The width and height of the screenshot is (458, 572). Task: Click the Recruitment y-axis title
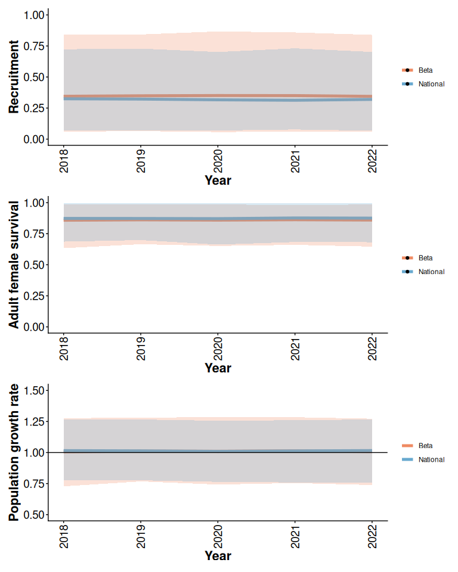coord(14,77)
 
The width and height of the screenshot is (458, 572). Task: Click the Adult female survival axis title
coord(14,264)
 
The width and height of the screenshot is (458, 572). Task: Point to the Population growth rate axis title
coord(14,452)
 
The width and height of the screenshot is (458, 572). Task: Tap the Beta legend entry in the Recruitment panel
coord(425,70)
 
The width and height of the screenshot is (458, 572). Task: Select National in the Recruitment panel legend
coord(431,84)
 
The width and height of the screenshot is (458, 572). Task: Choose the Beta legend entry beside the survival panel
coord(425,258)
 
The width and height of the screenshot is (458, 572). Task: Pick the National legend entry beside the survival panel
coord(431,272)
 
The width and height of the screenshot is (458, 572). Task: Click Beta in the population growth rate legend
coord(425,446)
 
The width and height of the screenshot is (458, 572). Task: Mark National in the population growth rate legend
coord(431,459)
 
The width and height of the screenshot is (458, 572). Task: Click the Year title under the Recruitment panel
coord(218,180)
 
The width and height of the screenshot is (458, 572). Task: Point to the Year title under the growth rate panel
coord(218,556)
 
